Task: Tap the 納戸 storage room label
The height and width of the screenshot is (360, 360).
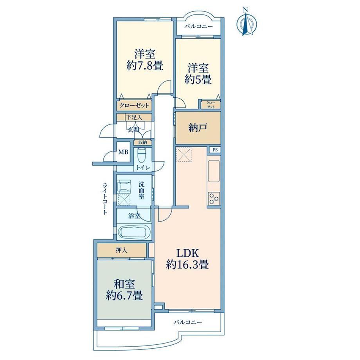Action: click(x=198, y=128)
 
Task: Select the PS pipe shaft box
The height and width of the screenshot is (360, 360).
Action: click(x=215, y=150)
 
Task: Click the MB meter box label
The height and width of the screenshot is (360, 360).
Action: click(x=123, y=152)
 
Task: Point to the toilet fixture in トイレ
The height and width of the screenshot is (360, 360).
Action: click(x=141, y=155)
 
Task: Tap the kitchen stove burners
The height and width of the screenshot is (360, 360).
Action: click(x=214, y=198)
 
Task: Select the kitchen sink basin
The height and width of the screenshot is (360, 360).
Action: click(x=214, y=171)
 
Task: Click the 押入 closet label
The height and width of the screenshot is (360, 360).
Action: click(x=121, y=250)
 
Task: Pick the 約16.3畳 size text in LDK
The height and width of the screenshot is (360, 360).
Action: click(x=187, y=265)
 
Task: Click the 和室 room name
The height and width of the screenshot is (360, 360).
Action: click(x=124, y=284)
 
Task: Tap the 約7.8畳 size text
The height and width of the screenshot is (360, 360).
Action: click(x=145, y=66)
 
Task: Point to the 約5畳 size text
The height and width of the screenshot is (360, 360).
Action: click(x=198, y=79)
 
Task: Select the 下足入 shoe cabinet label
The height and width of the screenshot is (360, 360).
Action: click(x=134, y=117)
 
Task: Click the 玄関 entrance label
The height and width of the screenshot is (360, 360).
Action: click(x=133, y=130)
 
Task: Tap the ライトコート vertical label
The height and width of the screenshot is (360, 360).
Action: click(x=105, y=199)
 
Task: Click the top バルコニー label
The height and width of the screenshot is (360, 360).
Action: click(x=199, y=26)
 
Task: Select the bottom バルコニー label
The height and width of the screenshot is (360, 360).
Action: click(x=187, y=322)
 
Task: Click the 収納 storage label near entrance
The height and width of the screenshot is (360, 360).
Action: click(x=142, y=142)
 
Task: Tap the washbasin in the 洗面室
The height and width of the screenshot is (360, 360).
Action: click(x=124, y=186)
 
